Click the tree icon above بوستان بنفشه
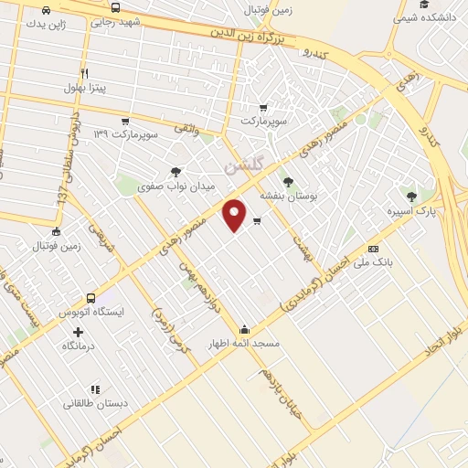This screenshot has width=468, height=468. [288, 182]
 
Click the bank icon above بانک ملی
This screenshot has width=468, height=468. [373, 249]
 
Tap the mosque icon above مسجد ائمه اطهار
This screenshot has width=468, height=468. [244, 330]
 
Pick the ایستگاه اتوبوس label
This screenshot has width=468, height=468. [90, 312]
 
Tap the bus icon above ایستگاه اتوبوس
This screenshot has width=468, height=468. [90, 298]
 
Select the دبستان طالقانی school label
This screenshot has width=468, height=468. [94, 402]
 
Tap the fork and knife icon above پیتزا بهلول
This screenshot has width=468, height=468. [85, 73]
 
